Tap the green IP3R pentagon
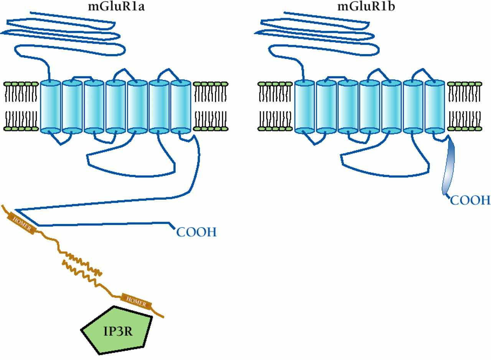point(117,330)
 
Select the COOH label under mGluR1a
point(196,232)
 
